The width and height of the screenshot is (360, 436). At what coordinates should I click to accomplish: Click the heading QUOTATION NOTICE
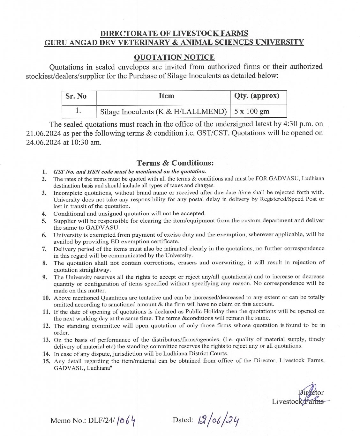[x=174, y=57]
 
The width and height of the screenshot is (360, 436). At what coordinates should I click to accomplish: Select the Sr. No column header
[x=76, y=96]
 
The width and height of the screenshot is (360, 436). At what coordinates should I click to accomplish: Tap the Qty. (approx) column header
[x=257, y=96]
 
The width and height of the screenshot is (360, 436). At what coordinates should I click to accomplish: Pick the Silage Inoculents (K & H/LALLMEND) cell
[x=163, y=112]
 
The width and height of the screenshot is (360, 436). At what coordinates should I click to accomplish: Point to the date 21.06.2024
[x=43, y=134]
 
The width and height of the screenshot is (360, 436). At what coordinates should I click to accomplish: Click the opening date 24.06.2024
[x=43, y=143]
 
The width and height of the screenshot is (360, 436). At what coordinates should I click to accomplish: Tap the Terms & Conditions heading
[x=175, y=163]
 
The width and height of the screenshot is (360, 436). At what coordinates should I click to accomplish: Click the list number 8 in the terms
[x=45, y=263]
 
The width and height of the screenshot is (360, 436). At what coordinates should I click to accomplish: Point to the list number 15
[x=46, y=361]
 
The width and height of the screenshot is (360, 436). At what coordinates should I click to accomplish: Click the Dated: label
[x=183, y=420]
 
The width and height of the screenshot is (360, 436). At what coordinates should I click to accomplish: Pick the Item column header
[x=166, y=96]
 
